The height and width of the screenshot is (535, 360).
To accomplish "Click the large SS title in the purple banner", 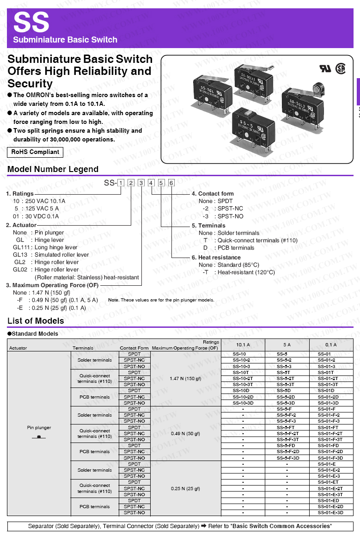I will click(x=31, y=22).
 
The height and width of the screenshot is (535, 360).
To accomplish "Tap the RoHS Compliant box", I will click(x=35, y=152).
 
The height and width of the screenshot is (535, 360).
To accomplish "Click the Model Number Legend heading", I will click(x=53, y=169).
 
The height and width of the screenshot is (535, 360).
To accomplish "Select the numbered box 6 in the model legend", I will click(x=171, y=183).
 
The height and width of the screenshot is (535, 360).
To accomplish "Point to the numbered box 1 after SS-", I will click(x=121, y=183).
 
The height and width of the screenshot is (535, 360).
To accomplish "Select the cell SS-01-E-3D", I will click(x=330, y=512).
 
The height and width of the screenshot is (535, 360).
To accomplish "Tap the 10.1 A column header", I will click(x=243, y=345).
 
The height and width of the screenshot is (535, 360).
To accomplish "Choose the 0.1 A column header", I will click(x=331, y=345).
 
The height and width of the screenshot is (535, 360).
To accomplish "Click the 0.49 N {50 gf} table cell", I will click(x=185, y=433).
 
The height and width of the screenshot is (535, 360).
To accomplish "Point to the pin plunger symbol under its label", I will click(x=39, y=437).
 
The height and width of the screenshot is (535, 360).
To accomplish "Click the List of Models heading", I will click(x=36, y=321).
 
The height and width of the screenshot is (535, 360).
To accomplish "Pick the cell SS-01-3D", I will click(x=328, y=403).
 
